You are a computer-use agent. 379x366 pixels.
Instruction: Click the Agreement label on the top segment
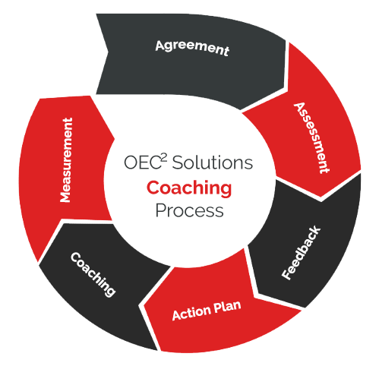click(192, 48)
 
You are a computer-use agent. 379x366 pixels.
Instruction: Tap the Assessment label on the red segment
click(312, 138)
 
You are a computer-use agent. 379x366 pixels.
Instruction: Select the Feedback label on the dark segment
click(301, 253)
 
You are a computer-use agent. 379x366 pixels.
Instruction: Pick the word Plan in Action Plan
click(227, 306)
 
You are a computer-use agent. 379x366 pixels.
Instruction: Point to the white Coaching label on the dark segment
click(93, 274)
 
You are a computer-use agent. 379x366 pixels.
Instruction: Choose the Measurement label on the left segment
click(66, 160)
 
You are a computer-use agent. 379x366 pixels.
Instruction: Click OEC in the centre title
click(142, 162)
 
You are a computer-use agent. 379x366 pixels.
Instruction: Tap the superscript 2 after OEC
click(164, 158)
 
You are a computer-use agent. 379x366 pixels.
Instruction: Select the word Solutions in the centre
click(213, 162)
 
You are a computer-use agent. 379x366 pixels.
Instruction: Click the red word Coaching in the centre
click(189, 188)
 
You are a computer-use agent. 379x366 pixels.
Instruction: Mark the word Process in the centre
click(189, 210)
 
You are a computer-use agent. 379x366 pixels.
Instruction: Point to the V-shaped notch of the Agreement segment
click(109, 52)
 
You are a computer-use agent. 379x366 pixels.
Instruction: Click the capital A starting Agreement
click(161, 46)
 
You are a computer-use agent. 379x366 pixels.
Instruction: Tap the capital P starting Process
click(161, 210)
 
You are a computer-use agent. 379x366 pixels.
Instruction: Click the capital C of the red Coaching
click(153, 188)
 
